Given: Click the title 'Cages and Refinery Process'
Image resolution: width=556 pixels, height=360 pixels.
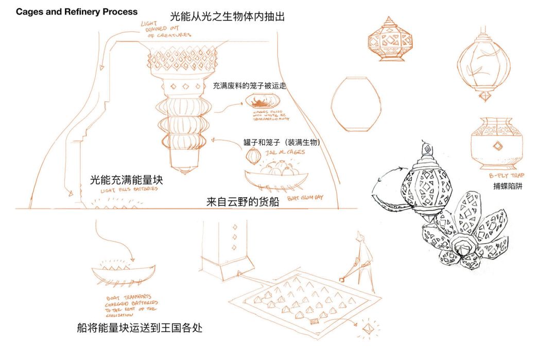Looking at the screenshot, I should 77,11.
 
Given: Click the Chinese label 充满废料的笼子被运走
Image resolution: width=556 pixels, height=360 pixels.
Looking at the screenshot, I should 249,85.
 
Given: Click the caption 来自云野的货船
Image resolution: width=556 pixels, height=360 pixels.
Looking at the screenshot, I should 242,202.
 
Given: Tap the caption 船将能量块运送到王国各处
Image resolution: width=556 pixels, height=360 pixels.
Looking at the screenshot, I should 138,327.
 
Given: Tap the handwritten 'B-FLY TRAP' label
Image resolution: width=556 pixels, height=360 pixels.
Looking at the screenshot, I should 506,176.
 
